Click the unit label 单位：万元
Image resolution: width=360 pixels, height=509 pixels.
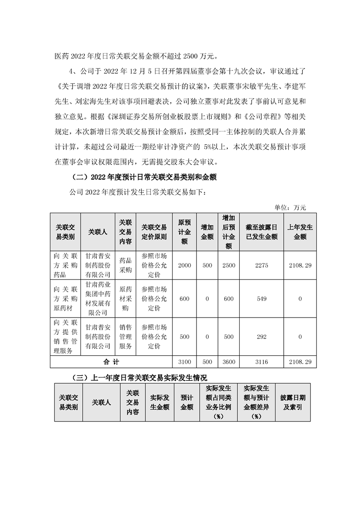pyautogui.click(x=291, y=207)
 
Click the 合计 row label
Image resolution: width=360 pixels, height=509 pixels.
pyautogui.click(x=111, y=362)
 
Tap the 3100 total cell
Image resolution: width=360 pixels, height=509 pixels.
pyautogui.click(x=184, y=362)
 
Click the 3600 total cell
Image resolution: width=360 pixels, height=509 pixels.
pyautogui.click(x=229, y=362)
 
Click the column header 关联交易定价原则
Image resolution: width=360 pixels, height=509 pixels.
pyautogui.click(x=154, y=231)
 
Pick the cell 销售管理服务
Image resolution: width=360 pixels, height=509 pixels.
pyautogui.click(x=125, y=337)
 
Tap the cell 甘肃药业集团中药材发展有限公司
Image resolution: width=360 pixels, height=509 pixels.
pyautogui.click(x=98, y=299)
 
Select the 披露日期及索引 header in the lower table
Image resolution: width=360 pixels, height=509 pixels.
pyautogui.click(x=293, y=402)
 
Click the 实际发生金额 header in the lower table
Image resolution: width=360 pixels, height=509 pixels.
pyautogui.click(x=160, y=402)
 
